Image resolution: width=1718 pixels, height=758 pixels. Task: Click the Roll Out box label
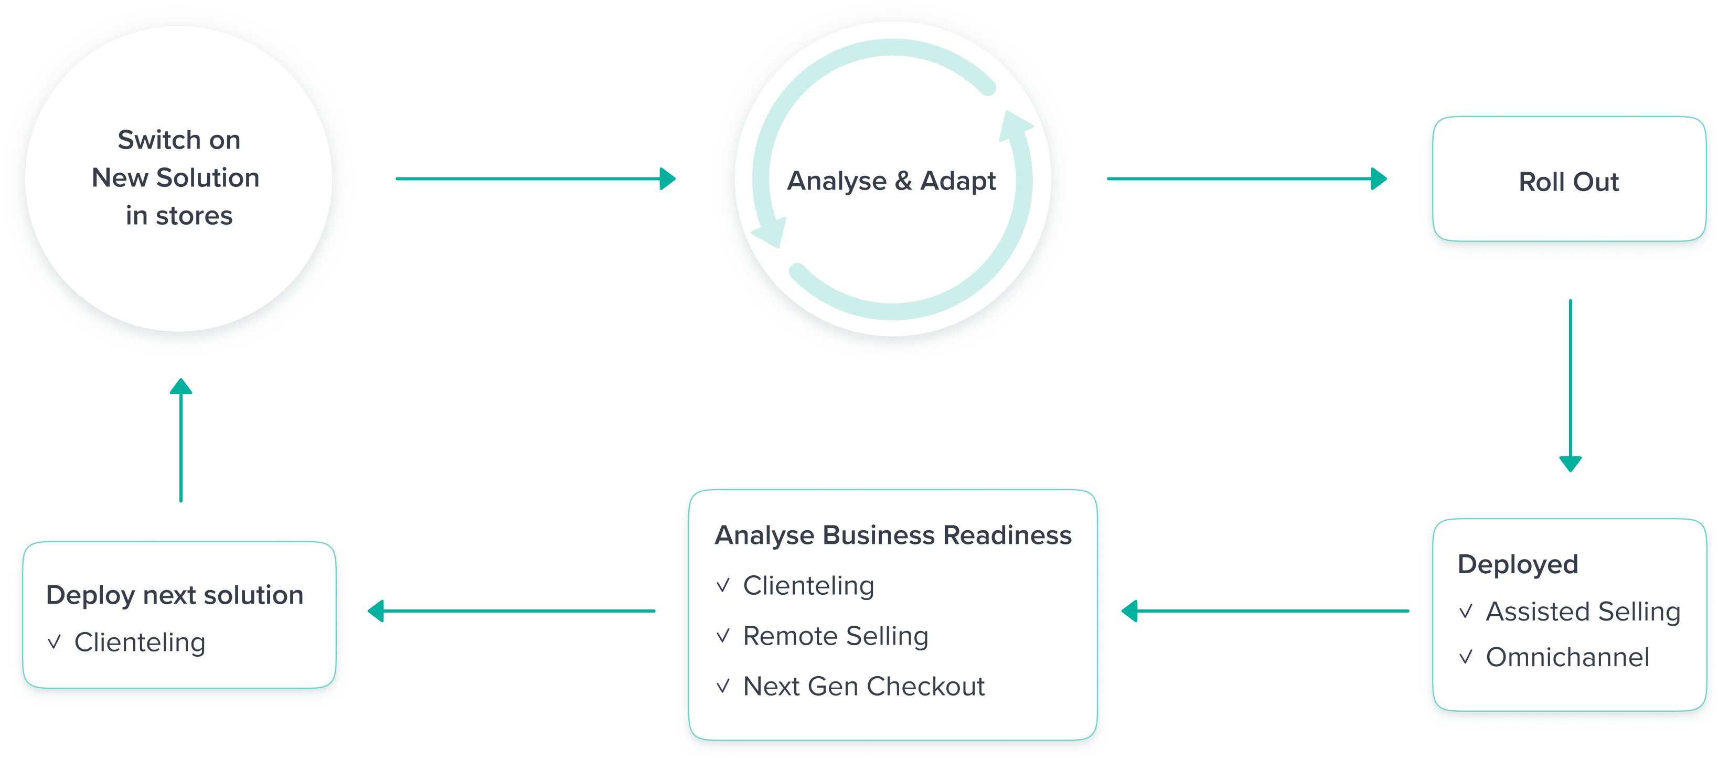click(x=1568, y=182)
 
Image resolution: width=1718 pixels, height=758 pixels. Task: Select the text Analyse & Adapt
click(x=891, y=181)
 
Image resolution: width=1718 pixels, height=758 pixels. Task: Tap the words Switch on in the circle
click(x=179, y=140)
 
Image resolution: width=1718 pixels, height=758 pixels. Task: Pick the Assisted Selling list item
click(x=1583, y=611)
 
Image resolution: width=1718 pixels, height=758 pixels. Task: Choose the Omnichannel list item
click(x=1567, y=657)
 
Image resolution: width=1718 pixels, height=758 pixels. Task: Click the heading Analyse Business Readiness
click(x=893, y=535)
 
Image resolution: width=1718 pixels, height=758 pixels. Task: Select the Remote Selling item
click(x=835, y=636)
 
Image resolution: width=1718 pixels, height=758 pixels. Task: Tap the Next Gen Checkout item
click(x=863, y=686)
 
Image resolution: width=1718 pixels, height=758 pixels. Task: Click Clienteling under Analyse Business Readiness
click(x=808, y=585)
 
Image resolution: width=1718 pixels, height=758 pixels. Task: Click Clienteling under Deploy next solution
click(x=140, y=642)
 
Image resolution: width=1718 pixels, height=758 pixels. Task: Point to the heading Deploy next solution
click(x=175, y=595)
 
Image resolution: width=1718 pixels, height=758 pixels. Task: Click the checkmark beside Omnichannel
click(x=1465, y=658)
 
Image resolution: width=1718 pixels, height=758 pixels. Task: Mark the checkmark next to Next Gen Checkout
click(x=723, y=686)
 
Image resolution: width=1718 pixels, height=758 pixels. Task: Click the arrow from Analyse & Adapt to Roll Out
click(x=1246, y=179)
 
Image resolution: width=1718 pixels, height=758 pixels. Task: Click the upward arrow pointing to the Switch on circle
click(x=181, y=440)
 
